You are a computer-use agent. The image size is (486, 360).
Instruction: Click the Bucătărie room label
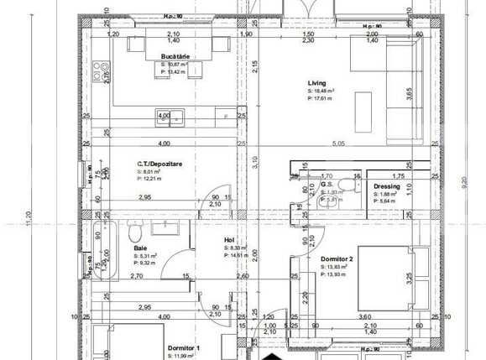(175, 56)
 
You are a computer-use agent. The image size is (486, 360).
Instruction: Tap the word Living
(317, 83)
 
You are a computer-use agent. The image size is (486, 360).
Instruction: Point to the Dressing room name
(387, 185)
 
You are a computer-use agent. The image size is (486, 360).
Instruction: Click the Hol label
(227, 240)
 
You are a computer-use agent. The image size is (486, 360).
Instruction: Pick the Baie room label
(140, 248)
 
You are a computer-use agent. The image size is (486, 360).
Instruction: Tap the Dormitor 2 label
(337, 259)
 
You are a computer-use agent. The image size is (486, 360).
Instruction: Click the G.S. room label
(327, 185)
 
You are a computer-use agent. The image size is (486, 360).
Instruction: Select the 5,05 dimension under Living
(339, 144)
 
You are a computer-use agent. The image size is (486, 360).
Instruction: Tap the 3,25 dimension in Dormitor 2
(409, 276)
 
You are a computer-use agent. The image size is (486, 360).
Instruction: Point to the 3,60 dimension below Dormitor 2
(366, 316)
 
